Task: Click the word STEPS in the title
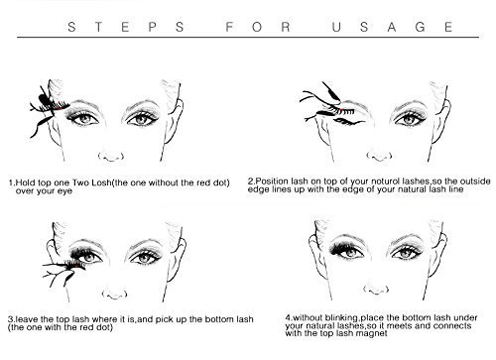126,27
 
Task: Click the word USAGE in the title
392,27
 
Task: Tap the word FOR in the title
258,27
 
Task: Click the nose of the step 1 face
111,156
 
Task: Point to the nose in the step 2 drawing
379,156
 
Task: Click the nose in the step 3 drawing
114,294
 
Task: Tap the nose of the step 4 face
376,290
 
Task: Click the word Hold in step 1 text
26,182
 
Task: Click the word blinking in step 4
341,318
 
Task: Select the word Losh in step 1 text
101,182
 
